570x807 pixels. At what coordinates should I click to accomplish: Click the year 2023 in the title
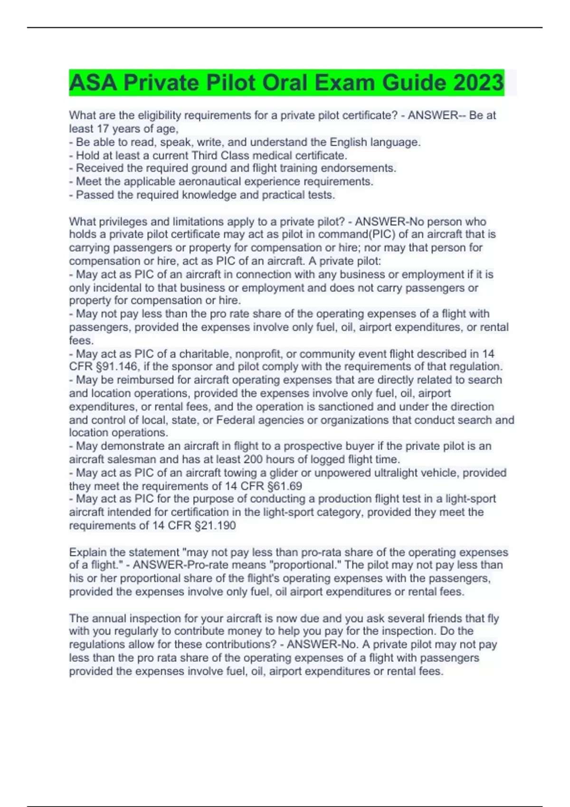click(478, 83)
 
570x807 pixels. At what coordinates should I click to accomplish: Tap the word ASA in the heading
click(93, 83)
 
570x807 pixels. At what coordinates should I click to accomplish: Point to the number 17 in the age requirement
click(103, 129)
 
